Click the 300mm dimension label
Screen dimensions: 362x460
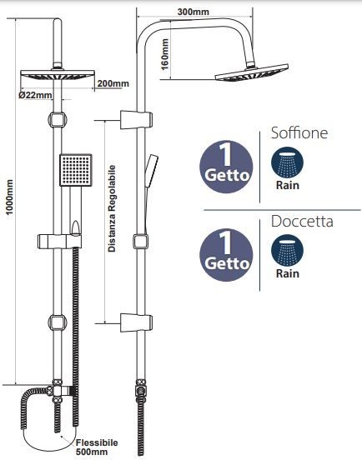(x=194, y=12)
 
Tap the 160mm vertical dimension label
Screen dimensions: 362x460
(x=165, y=54)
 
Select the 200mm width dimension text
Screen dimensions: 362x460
(x=113, y=83)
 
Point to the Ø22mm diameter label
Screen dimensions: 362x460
(x=35, y=95)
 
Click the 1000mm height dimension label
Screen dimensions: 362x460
(x=9, y=197)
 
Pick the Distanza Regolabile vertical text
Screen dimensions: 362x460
(x=112, y=208)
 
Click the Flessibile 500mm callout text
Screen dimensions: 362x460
(x=97, y=447)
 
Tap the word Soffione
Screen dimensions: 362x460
(x=299, y=132)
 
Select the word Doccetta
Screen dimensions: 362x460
(x=302, y=221)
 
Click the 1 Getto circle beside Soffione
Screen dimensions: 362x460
(x=226, y=167)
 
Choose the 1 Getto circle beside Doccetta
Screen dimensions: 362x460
(x=226, y=255)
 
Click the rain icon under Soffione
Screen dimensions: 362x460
(x=287, y=162)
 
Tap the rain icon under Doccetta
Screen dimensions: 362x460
(x=287, y=251)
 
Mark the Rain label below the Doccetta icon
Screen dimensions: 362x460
(x=288, y=273)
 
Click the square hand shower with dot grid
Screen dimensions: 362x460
(x=76, y=170)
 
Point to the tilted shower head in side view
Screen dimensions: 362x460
(x=252, y=73)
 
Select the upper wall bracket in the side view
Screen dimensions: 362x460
(x=136, y=120)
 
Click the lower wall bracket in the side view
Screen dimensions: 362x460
(x=136, y=322)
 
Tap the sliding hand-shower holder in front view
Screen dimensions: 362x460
(x=58, y=241)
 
